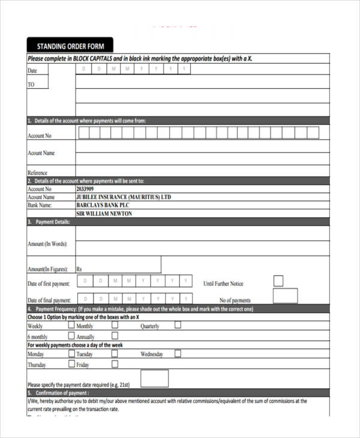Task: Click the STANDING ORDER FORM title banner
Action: [x=70, y=46]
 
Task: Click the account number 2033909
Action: [x=88, y=188]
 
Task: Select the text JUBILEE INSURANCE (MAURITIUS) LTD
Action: [x=124, y=197]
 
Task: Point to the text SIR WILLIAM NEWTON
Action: [x=104, y=214]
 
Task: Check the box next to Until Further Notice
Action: [x=278, y=281]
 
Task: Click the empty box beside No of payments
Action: [x=285, y=296]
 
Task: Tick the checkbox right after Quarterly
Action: [x=178, y=325]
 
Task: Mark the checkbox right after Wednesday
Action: [x=178, y=353]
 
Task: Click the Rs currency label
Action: [x=80, y=269]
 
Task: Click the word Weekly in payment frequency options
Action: [x=35, y=326]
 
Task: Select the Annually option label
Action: [x=86, y=337]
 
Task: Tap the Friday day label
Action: [x=83, y=365]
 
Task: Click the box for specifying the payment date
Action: [x=154, y=378]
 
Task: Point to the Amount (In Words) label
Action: [x=47, y=244]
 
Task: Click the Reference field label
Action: [x=37, y=173]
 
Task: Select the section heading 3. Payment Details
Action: [x=49, y=222]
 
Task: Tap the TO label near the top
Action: [x=31, y=85]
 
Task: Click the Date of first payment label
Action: [x=49, y=284]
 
